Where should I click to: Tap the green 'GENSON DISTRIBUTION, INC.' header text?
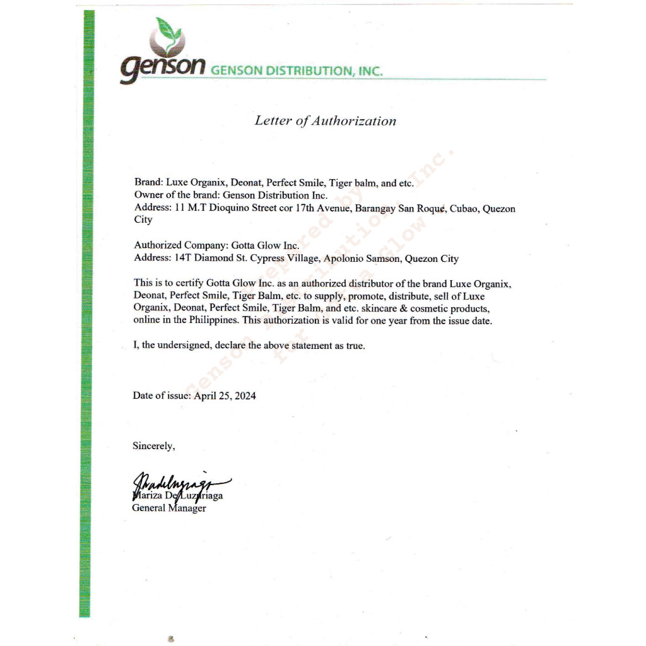point(297,71)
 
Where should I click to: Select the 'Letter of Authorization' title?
point(326,120)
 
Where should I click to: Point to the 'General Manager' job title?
point(169,508)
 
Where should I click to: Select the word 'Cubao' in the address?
point(464,208)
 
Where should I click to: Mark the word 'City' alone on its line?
point(143,220)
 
